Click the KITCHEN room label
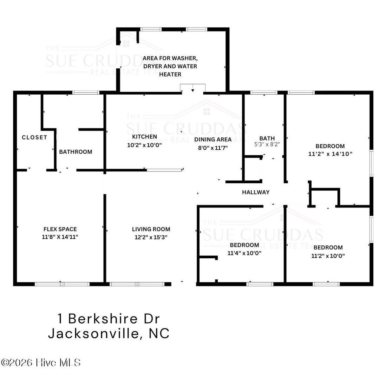coord(144,137)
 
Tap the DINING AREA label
coord(213,140)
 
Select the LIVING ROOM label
coord(151,229)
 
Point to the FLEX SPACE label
coord(60,229)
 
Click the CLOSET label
coord(35,137)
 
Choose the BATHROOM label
coord(76,152)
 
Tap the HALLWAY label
coord(256,192)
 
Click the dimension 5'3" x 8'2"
coord(267,145)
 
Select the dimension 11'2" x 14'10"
coord(330,153)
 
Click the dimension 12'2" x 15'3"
coord(151,237)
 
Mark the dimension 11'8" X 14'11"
coord(60,237)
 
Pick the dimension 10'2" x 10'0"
coord(144,145)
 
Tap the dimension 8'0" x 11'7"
coord(213,147)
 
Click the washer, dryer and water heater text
coord(170,66)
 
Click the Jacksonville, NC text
coord(109,333)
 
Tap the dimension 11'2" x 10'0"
coord(328,255)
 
